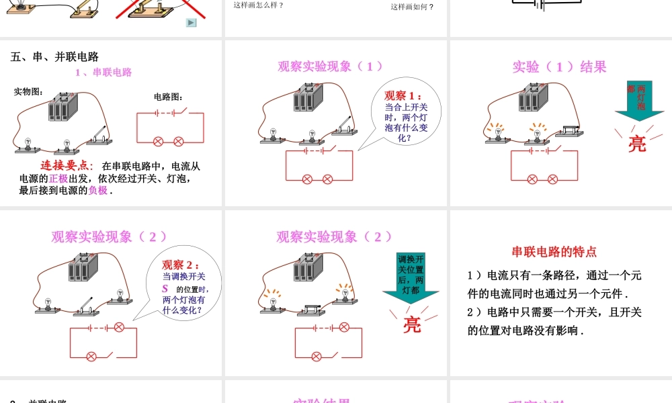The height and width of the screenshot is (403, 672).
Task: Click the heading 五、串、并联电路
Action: pyautogui.click(x=55, y=57)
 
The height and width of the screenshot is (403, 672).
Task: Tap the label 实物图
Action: pyautogui.click(x=28, y=92)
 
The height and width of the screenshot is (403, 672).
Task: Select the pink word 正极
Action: pyautogui.click(x=58, y=178)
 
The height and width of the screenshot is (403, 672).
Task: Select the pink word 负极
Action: pyautogui.click(x=97, y=190)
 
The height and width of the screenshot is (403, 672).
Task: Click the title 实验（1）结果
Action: pyautogui.click(x=559, y=66)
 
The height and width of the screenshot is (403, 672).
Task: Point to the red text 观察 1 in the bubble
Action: pyautogui.click(x=403, y=95)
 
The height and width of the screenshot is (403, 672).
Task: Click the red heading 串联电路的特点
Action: pyautogui.click(x=554, y=252)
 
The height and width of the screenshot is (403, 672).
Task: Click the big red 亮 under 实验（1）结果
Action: pyautogui.click(x=636, y=143)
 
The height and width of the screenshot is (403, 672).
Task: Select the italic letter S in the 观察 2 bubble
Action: pyautogui.click(x=164, y=289)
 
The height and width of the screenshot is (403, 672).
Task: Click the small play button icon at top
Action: pyautogui.click(x=191, y=22)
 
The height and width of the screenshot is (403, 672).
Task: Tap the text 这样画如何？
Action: pyautogui.click(x=412, y=7)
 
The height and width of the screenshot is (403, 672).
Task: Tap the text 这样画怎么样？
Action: pyautogui.click(x=259, y=5)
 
